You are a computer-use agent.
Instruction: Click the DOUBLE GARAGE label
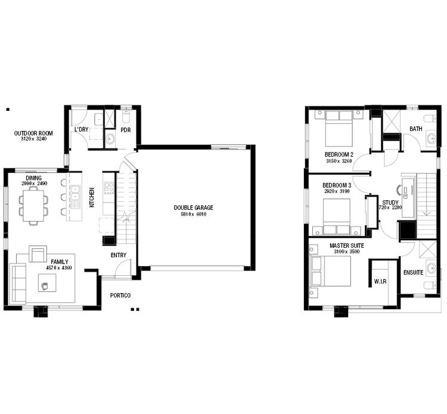[x=193, y=207]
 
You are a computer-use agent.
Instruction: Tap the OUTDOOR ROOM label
[x=33, y=133]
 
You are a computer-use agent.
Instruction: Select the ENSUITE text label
[x=413, y=272]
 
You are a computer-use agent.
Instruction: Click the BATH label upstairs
[x=415, y=129]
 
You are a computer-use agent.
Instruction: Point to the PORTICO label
[x=120, y=295]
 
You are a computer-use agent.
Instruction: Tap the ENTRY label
[x=118, y=256]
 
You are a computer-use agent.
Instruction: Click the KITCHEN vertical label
[x=92, y=198]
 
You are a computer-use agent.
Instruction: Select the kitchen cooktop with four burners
[x=109, y=188]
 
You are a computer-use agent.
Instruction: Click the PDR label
[x=125, y=130]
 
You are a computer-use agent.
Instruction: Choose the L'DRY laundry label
[x=82, y=130]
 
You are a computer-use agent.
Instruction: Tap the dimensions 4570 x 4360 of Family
[x=58, y=268]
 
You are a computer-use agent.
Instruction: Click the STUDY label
[x=390, y=203]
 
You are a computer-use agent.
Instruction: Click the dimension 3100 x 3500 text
[x=346, y=253]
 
